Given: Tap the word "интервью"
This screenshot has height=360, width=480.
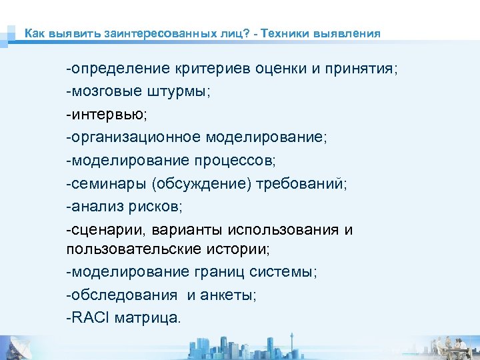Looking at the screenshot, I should pyautogui.click(x=107, y=115).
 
